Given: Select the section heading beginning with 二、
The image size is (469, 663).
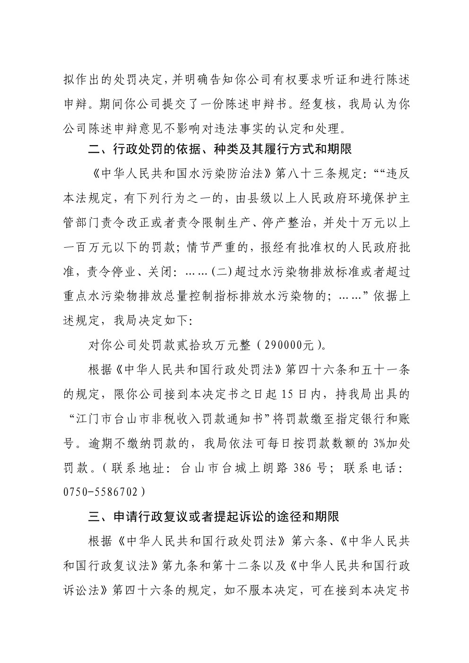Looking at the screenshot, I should (x=220, y=150).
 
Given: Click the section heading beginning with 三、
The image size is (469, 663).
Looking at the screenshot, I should (x=214, y=516).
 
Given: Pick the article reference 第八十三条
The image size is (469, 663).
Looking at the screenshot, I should (x=305, y=174).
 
